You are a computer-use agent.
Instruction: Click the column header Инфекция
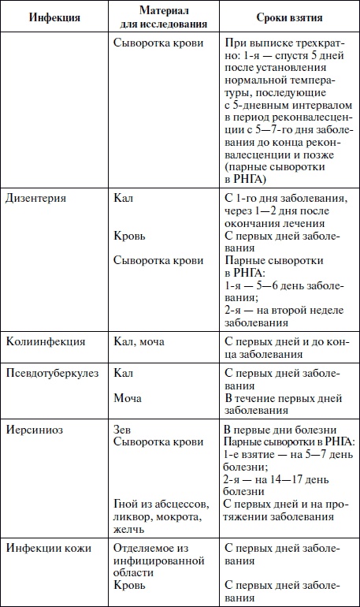54,17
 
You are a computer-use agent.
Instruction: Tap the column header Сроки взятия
288,17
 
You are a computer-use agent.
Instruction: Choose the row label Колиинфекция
45,341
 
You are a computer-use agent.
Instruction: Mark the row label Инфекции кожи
48,548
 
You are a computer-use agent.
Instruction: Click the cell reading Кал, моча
140,341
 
